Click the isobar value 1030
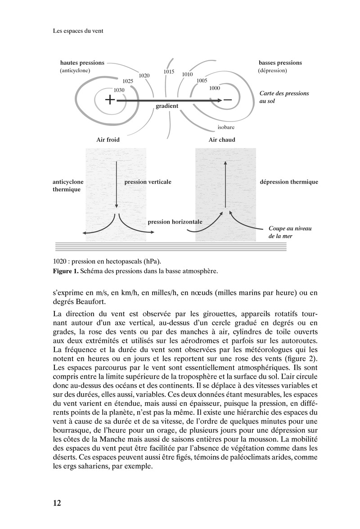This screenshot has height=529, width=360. [x=119, y=90]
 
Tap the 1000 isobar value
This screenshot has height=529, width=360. [x=215, y=88]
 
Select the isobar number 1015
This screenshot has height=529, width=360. [x=169, y=72]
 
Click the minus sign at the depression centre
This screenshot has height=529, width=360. [x=228, y=100]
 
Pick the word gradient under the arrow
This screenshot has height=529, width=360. [x=167, y=106]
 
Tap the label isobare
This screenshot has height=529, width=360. [x=226, y=127]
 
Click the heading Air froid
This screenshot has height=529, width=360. [x=108, y=140]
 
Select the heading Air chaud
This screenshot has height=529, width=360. [x=222, y=140]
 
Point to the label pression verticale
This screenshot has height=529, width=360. [x=148, y=182]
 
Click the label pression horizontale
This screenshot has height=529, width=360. [x=175, y=222]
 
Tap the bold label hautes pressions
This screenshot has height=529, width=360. [x=82, y=63]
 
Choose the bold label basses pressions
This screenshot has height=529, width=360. [x=280, y=63]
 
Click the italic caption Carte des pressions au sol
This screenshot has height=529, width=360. [x=284, y=97]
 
